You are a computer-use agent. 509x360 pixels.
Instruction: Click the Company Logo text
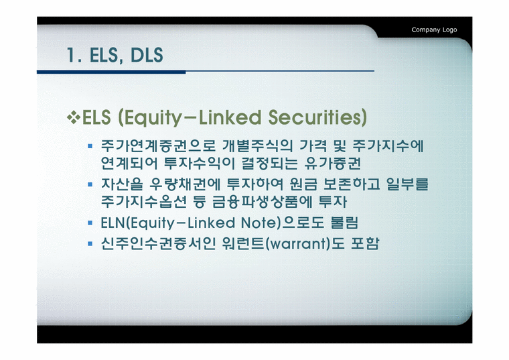[x=434, y=29]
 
